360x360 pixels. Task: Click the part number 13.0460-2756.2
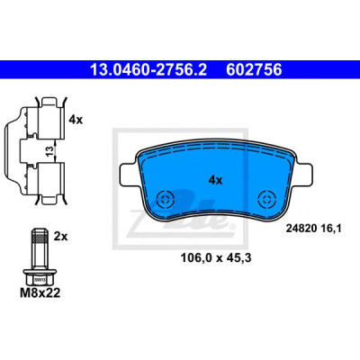(x=148, y=70)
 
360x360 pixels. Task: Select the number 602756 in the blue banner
(x=254, y=70)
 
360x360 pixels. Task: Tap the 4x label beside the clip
(x=76, y=120)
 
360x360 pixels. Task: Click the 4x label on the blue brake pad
(x=215, y=180)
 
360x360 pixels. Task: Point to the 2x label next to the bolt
(x=61, y=237)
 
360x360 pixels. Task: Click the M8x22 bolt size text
(x=40, y=292)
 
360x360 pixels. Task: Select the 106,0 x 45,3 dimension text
(x=216, y=257)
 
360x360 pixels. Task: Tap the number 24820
(x=301, y=229)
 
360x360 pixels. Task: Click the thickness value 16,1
(x=331, y=229)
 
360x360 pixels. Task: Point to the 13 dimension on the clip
(x=50, y=151)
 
